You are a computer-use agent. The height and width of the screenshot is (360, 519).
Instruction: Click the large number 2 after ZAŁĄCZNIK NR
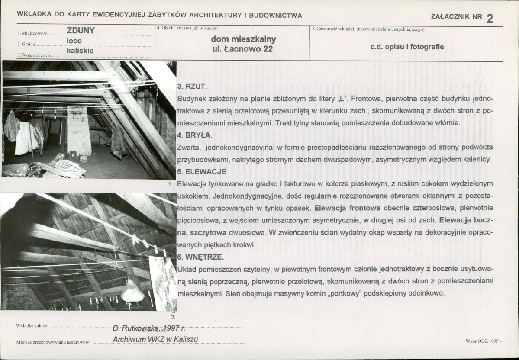click(x=490, y=18)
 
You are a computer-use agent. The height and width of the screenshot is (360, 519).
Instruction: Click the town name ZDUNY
click(x=81, y=30)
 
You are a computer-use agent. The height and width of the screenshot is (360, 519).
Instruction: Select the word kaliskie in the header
click(x=80, y=51)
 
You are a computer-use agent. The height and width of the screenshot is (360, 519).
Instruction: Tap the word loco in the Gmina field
click(x=74, y=41)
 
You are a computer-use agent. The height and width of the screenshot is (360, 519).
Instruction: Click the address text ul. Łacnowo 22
click(x=243, y=49)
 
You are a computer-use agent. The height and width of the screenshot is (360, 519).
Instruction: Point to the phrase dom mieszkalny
click(x=244, y=39)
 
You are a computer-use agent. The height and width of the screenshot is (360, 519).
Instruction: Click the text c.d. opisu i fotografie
click(x=407, y=47)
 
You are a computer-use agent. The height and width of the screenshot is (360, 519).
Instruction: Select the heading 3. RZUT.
click(x=192, y=87)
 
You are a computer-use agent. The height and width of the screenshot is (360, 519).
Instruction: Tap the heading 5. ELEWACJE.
click(x=203, y=172)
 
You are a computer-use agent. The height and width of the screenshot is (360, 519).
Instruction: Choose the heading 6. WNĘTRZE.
click(x=200, y=257)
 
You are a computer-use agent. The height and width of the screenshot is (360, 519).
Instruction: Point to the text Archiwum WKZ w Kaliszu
click(x=155, y=339)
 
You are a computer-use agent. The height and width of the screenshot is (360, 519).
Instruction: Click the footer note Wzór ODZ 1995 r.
click(x=484, y=341)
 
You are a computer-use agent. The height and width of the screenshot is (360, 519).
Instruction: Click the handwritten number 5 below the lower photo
click(x=173, y=316)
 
